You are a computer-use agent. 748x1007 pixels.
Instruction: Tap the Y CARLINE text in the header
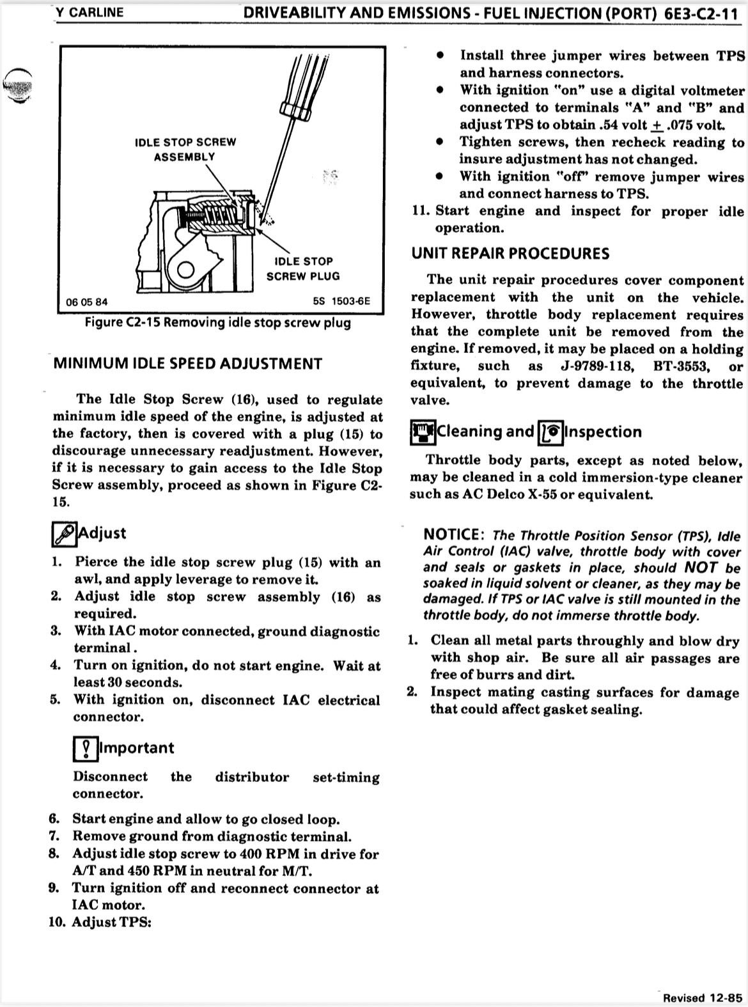[x=90, y=12]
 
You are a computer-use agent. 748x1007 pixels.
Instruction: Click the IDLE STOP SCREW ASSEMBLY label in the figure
[x=185, y=149]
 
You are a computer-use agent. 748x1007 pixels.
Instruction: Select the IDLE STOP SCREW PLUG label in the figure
[x=302, y=269]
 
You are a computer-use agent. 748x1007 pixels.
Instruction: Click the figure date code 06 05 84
[x=87, y=302]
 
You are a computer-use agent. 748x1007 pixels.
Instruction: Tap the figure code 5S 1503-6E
[x=341, y=302]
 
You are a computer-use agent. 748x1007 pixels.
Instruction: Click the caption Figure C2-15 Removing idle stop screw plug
[x=218, y=322]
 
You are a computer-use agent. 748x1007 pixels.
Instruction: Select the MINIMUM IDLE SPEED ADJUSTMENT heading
[x=187, y=364]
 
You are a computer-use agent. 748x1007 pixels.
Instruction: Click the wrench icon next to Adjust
[x=64, y=534]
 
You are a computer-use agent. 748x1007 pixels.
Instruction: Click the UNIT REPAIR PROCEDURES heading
[x=510, y=253]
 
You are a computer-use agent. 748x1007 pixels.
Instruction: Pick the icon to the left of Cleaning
[x=423, y=432]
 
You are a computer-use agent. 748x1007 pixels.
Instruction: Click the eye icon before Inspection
[x=550, y=432]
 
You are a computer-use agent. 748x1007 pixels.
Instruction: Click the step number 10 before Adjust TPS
[x=56, y=922]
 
